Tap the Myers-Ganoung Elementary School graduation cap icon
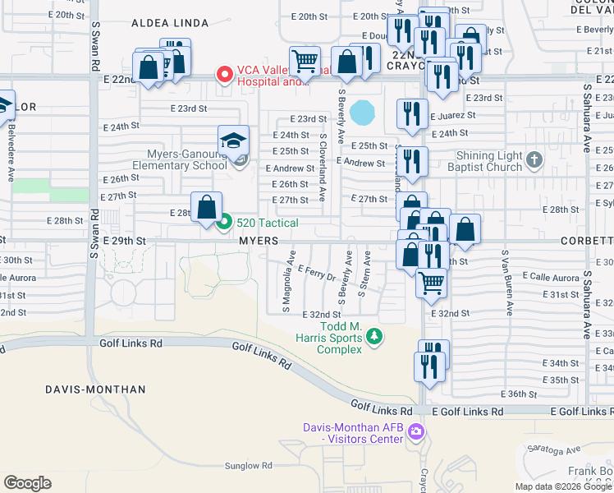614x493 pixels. tap(233, 141)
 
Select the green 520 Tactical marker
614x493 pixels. tap(226, 222)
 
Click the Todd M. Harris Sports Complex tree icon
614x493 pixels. tap(374, 336)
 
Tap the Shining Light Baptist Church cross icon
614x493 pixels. tap(534, 159)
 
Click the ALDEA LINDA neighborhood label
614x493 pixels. tap(170, 24)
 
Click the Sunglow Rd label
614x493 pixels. tap(248, 466)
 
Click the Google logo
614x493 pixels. tap(27, 483)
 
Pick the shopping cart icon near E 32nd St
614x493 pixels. tap(432, 283)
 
